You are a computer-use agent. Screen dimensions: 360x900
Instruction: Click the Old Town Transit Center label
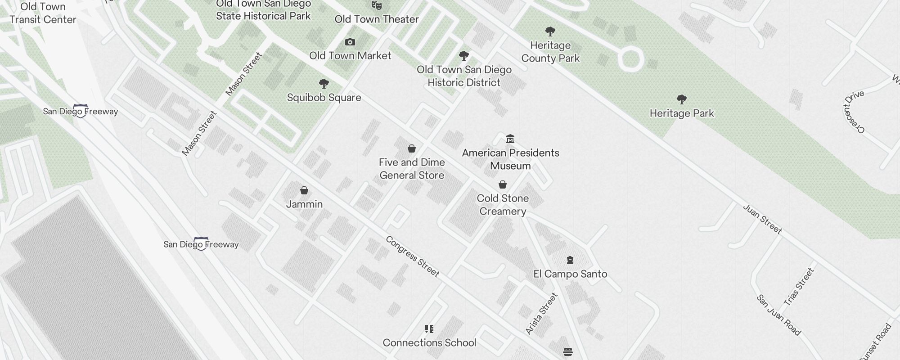[x=43, y=13]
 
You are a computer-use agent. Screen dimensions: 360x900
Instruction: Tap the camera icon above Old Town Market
[x=350, y=42]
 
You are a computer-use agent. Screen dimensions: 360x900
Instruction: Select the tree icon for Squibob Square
[x=324, y=84]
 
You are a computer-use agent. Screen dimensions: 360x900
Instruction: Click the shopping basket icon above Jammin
[x=304, y=190]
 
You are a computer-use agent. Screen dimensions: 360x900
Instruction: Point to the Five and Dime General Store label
[x=412, y=169]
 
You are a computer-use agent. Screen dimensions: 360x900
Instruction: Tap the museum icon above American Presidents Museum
[x=510, y=139]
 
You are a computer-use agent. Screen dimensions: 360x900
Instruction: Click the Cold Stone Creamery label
[x=503, y=205]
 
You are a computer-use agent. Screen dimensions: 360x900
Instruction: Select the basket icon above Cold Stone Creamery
[x=503, y=184]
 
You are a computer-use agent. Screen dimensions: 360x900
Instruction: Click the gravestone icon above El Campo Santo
[x=570, y=260]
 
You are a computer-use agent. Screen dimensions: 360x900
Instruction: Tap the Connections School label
[x=429, y=343]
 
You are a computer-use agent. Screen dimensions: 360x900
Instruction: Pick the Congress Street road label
[x=412, y=256]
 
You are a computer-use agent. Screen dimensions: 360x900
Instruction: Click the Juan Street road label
[x=762, y=219]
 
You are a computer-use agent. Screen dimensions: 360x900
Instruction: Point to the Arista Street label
[x=542, y=313]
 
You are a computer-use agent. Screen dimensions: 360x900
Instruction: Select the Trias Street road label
[x=799, y=287]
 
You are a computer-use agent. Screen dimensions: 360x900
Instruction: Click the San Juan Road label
[x=778, y=315]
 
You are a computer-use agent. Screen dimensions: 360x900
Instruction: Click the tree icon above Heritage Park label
[x=682, y=99]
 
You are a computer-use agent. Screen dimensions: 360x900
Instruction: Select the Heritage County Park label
[x=550, y=52]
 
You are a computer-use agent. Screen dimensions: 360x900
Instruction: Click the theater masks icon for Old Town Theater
[x=377, y=5]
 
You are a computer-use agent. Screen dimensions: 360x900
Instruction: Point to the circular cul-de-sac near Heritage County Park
[x=630, y=59]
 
